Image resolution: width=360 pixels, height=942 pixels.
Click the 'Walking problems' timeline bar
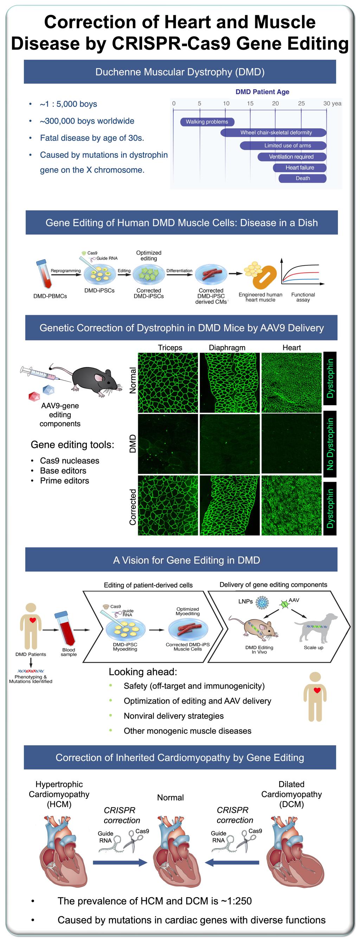tap(207, 122)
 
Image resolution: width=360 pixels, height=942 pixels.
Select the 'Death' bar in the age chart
tap(303, 178)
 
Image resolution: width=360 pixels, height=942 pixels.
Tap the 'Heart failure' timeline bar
tap(300, 168)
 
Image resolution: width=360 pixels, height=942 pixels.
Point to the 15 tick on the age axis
tap(250, 104)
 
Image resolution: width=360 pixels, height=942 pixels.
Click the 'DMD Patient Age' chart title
tap(262, 92)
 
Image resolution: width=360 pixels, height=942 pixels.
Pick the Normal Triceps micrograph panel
tap(168, 383)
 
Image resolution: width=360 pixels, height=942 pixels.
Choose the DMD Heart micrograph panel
tap(291, 443)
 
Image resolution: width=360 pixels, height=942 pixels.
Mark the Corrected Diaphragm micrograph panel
tap(229, 505)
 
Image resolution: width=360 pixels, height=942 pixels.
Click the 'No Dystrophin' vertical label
tap(330, 444)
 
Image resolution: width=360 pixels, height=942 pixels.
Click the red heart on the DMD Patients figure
tap(33, 620)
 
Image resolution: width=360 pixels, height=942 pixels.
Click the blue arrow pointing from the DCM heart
tap(232, 863)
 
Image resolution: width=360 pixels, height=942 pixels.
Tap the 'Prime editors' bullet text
tap(64, 481)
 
